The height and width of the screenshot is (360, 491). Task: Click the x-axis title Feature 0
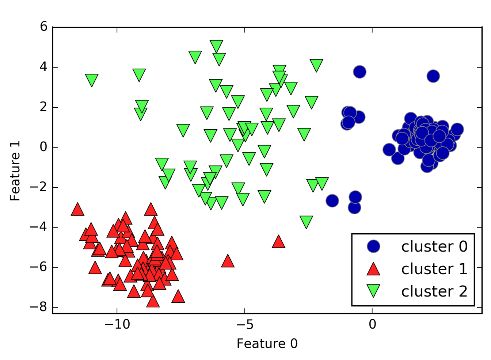[267, 344]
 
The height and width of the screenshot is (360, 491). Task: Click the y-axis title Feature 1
[15, 171]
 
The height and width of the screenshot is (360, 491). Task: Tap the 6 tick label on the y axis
[44, 27]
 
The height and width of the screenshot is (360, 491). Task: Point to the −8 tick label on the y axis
[39, 307]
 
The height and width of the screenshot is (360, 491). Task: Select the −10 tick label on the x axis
[117, 324]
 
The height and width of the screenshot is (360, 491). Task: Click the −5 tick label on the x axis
[244, 324]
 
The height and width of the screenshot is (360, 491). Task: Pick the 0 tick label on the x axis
[372, 324]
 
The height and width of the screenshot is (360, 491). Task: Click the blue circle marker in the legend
[373, 246]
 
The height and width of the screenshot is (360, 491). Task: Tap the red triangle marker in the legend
[373, 269]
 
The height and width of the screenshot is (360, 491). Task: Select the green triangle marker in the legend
[373, 291]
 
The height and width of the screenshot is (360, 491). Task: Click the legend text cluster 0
[434, 247]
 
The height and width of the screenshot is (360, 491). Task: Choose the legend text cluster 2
[434, 291]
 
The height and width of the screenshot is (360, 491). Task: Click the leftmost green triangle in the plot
[92, 80]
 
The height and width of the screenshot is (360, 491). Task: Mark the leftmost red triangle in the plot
[77, 210]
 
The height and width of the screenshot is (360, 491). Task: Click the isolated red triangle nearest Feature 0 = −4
[278, 242]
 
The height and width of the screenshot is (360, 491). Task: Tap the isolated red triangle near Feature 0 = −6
[228, 261]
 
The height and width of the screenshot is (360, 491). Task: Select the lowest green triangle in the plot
[306, 221]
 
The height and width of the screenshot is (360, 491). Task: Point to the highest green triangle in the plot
[217, 46]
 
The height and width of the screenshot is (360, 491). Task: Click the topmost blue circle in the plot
[359, 72]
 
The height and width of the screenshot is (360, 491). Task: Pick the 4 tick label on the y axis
[44, 67]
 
